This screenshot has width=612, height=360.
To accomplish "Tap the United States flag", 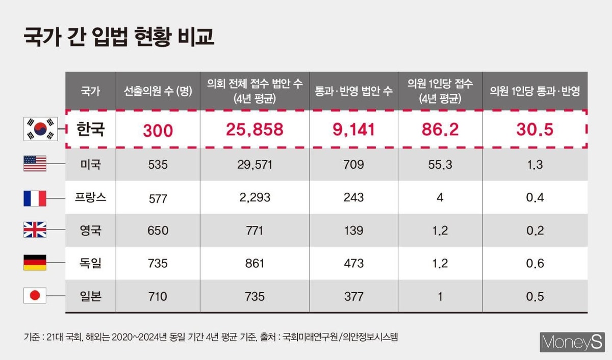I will tap(35, 164).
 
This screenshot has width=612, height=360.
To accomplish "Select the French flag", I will tap(35, 197).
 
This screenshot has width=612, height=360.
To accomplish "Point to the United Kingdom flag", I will tap(35, 230).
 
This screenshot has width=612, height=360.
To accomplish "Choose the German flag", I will tap(35, 263).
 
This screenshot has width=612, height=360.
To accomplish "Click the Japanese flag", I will tap(35, 296).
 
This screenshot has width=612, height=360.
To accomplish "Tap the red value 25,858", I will tap(254, 130).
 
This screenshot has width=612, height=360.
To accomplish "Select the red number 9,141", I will tap(353, 130).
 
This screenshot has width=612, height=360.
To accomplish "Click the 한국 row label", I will tap(90, 129).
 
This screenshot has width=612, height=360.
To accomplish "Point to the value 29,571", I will tap(254, 164).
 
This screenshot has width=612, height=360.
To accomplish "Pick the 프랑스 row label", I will tap(90, 197).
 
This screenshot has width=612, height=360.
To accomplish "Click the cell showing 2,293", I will tap(254, 198).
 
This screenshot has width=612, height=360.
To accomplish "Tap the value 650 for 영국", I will tap(158, 230).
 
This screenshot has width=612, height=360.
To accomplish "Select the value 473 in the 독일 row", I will tap(353, 264).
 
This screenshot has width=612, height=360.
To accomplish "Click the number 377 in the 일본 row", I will tap(353, 296).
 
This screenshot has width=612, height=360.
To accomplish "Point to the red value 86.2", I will tap(440, 130).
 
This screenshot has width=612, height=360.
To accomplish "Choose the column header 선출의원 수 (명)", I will tap(158, 91).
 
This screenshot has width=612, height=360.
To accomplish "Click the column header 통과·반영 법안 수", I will tap(353, 91).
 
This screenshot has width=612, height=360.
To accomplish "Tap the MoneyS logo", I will tap(571, 342).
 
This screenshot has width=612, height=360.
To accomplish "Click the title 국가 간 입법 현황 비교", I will tap(119, 38).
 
